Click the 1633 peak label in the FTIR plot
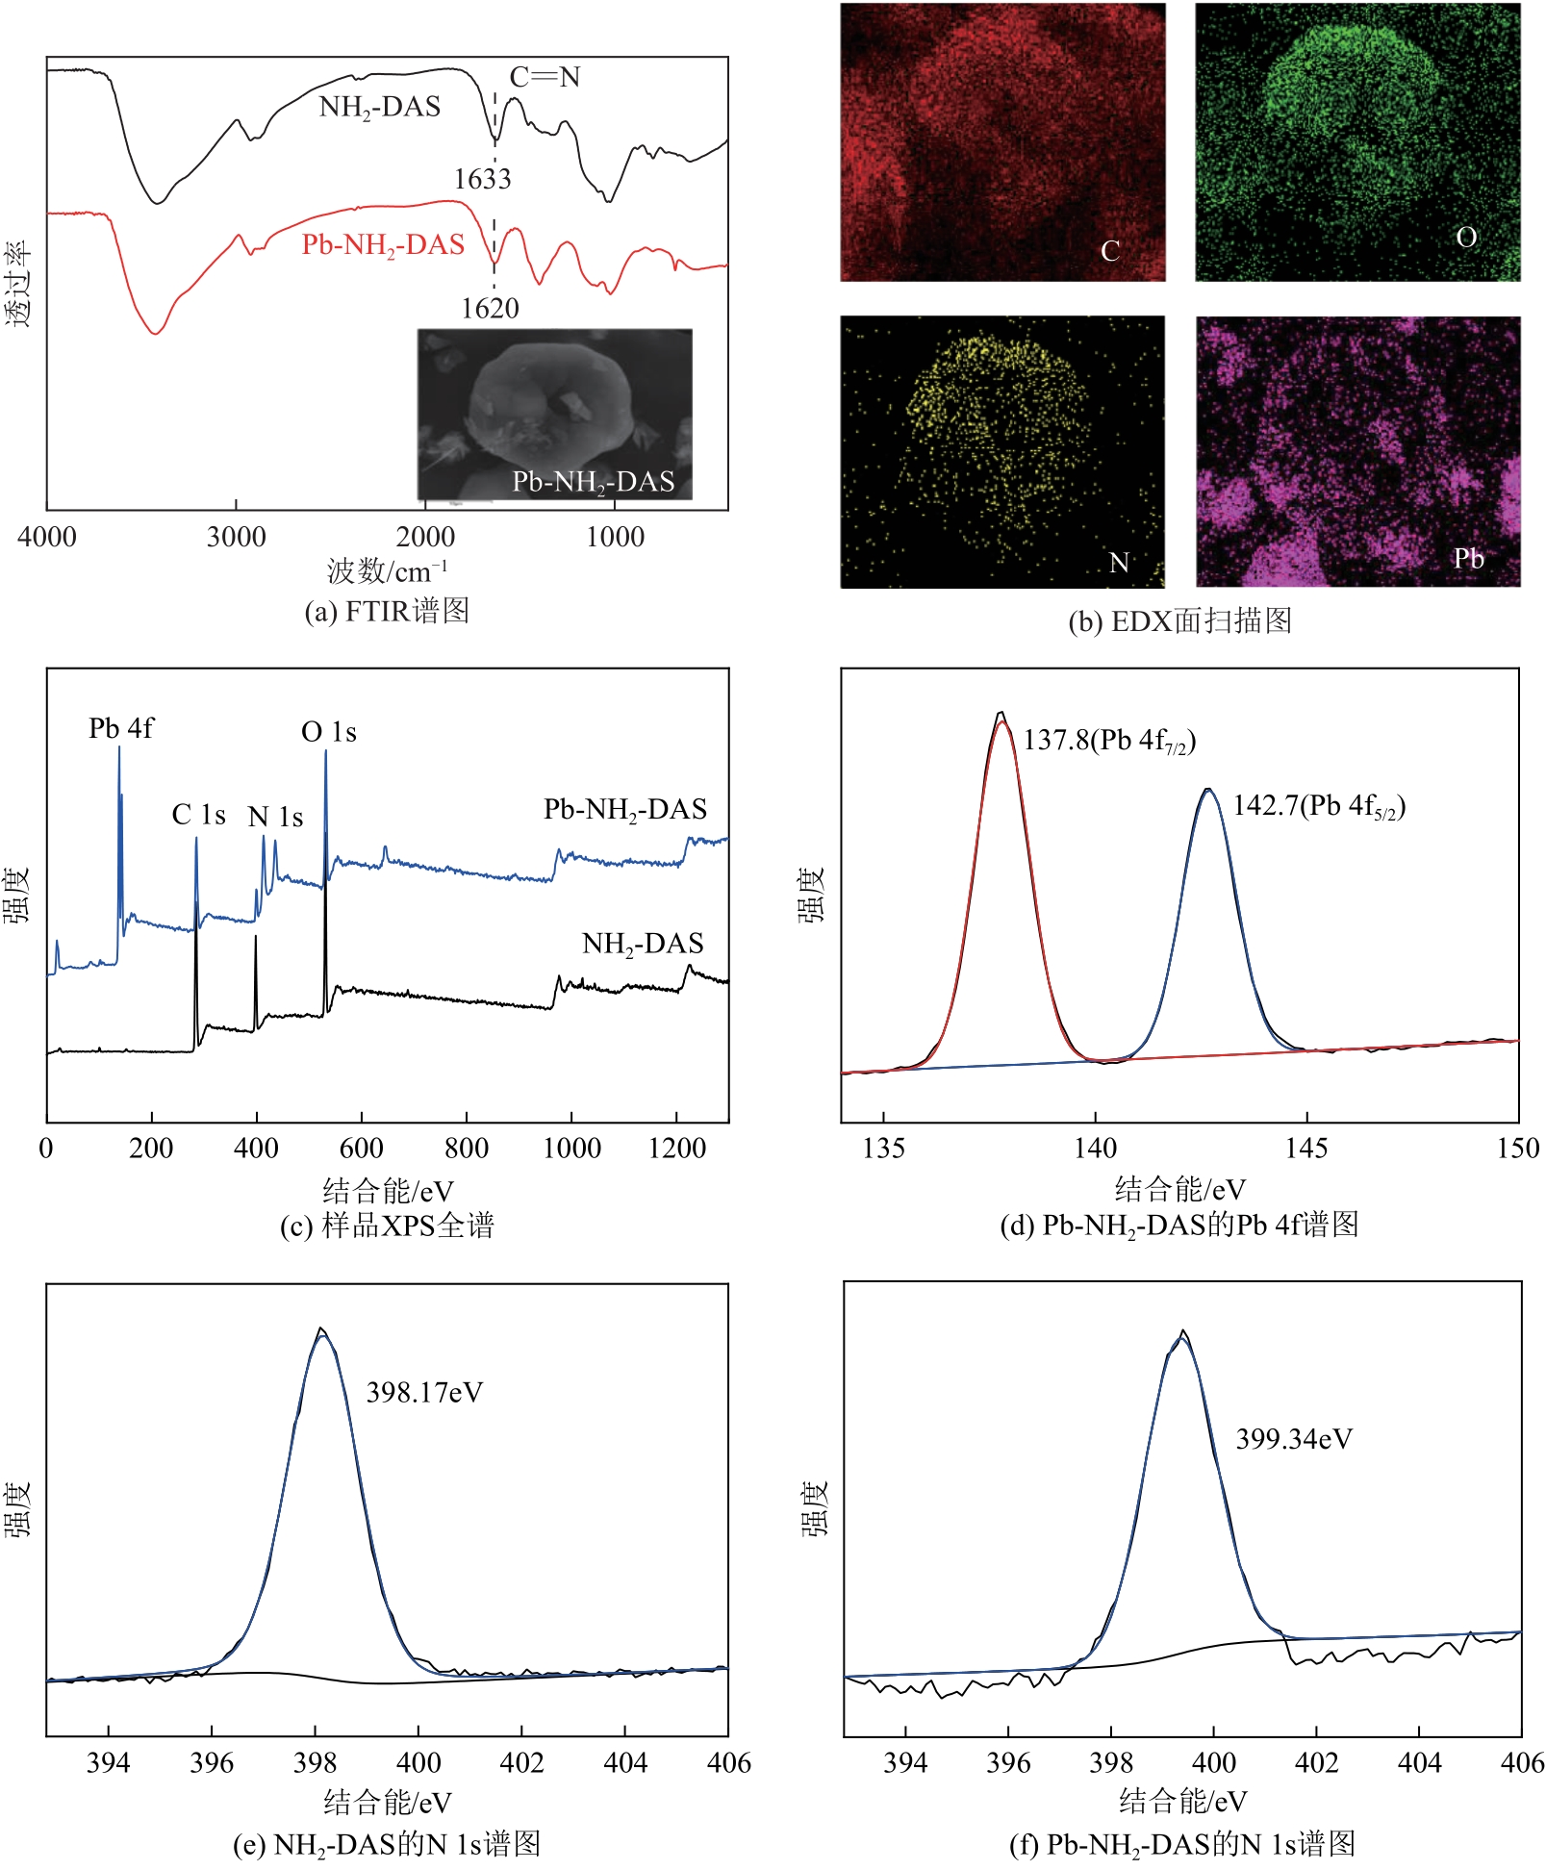coord(482,179)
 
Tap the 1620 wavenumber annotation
coord(490,309)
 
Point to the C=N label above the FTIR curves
coord(545,77)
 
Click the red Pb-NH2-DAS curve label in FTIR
coord(383,245)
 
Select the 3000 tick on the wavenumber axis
coord(236,537)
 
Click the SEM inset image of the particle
coord(554,414)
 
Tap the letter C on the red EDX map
coord(1110,251)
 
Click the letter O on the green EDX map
coord(1466,238)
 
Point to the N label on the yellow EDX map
coord(1118,563)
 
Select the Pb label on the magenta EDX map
coord(1468,559)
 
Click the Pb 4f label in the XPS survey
coord(120,728)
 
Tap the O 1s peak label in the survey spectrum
coord(329,732)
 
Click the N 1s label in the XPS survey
coord(275,817)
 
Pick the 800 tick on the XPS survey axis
coord(467,1148)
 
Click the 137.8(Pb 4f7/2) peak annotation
coord(1109,740)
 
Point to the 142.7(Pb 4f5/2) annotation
coord(1319,805)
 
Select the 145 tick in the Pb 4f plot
coord(1306,1148)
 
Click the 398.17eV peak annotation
coord(424,1393)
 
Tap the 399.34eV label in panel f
coord(1294,1439)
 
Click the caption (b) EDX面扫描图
coord(1179,620)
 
